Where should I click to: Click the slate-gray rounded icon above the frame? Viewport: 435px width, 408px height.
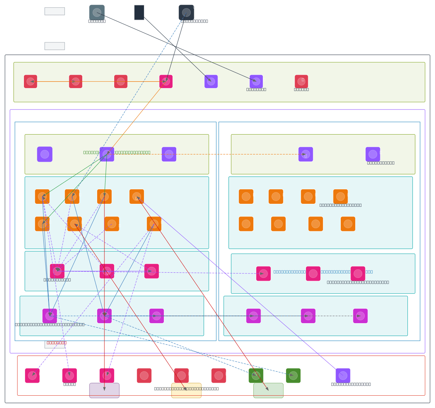pyautogui.click(x=97, y=12)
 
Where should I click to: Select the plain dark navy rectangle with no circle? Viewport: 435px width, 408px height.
pyautogui.click(x=139, y=12)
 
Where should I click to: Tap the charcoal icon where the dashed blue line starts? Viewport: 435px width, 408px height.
pyautogui.click(x=186, y=12)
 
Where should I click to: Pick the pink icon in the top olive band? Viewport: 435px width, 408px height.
pyautogui.click(x=166, y=82)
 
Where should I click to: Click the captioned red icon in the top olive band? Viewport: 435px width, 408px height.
pyautogui.click(x=301, y=82)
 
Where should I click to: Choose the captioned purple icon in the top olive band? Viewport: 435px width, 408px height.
pyautogui.click(x=256, y=82)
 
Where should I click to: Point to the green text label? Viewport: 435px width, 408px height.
pyautogui.click(x=117, y=152)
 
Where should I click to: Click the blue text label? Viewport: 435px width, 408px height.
pyautogui.click(x=323, y=272)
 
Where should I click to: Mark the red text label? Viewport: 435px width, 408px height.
pyautogui.click(x=57, y=343)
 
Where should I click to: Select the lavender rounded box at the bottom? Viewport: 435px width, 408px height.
pyautogui.click(x=104, y=391)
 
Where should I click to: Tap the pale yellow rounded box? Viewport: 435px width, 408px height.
pyautogui.click(x=186, y=391)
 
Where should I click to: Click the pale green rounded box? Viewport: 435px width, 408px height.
pyautogui.click(x=268, y=391)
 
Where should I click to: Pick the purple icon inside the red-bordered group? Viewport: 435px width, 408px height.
pyautogui.click(x=343, y=376)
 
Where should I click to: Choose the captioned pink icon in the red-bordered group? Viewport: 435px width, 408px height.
pyautogui.click(x=70, y=376)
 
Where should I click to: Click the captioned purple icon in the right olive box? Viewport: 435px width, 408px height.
pyautogui.click(x=373, y=154)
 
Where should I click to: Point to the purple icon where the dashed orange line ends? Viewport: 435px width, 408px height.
pyautogui.click(x=306, y=154)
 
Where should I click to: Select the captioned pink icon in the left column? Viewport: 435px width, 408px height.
pyautogui.click(x=57, y=271)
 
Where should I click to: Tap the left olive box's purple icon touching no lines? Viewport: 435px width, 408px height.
pyautogui.click(x=45, y=154)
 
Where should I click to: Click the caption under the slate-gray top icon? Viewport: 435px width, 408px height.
pyautogui.click(x=97, y=21)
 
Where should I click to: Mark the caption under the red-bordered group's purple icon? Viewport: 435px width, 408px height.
pyautogui.click(x=351, y=384)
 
